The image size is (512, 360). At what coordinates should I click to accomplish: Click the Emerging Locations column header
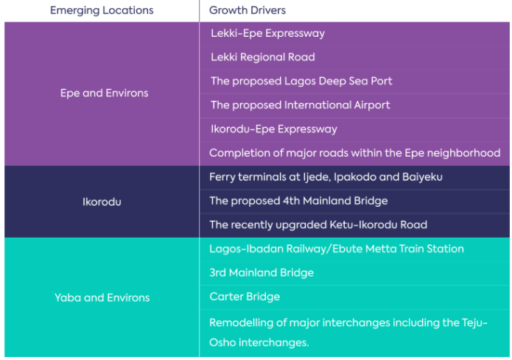pyautogui.click(x=102, y=10)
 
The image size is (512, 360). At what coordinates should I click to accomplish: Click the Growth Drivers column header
pyautogui.click(x=248, y=10)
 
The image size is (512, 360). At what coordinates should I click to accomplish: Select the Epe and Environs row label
pyautogui.click(x=104, y=93)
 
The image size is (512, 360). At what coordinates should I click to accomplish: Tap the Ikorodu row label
pyautogui.click(x=102, y=201)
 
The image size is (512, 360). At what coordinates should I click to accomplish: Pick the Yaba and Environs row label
pyautogui.click(x=102, y=297)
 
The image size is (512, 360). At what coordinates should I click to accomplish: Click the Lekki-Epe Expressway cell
pyautogui.click(x=267, y=33)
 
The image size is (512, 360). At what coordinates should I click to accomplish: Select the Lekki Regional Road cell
pyautogui.click(x=262, y=57)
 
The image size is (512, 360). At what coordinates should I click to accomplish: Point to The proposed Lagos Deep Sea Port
pyautogui.click(x=301, y=81)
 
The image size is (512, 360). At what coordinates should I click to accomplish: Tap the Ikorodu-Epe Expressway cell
pyautogui.click(x=273, y=129)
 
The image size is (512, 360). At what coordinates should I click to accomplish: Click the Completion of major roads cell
pyautogui.click(x=354, y=153)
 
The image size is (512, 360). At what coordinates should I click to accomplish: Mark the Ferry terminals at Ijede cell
pyautogui.click(x=326, y=177)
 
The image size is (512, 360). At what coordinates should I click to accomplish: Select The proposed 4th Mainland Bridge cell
pyautogui.click(x=298, y=201)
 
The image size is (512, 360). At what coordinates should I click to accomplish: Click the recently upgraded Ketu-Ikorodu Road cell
pyautogui.click(x=318, y=225)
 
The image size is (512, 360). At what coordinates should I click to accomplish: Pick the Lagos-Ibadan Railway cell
pyautogui.click(x=336, y=249)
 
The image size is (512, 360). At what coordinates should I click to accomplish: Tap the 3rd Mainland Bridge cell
pyautogui.click(x=262, y=272)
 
